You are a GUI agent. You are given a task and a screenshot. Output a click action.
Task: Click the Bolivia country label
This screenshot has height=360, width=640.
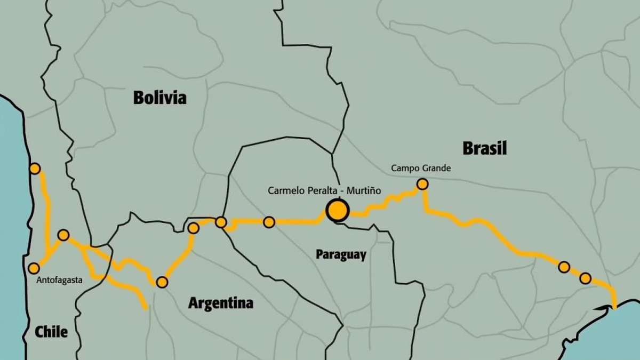click(x=160, y=98)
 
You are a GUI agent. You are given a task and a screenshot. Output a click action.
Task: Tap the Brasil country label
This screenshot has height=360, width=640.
click(x=484, y=148)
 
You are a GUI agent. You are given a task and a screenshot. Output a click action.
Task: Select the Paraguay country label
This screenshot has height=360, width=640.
click(x=341, y=254)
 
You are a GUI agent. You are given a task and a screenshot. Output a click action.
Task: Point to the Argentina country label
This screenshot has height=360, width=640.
click(x=220, y=303)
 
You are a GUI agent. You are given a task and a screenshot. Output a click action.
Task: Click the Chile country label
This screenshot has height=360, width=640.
click(x=51, y=332)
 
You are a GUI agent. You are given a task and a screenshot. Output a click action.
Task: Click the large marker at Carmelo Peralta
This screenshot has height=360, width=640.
click(x=337, y=211)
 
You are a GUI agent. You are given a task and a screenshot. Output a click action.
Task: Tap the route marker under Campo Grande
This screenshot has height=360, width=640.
click(x=422, y=184)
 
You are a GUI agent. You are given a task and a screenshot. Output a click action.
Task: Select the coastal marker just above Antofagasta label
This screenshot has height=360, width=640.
click(x=34, y=268)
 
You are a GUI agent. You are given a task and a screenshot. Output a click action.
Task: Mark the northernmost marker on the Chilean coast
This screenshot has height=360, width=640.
click(x=35, y=169)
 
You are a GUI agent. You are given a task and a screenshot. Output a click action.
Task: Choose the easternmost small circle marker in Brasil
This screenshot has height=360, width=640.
click(x=585, y=278)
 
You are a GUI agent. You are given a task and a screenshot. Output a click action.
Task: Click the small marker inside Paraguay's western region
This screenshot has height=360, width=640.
click(x=269, y=222)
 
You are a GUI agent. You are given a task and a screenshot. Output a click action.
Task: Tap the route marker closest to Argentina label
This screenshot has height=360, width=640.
click(x=162, y=282)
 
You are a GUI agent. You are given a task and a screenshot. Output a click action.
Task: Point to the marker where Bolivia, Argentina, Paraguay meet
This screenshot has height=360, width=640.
click(x=221, y=222)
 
